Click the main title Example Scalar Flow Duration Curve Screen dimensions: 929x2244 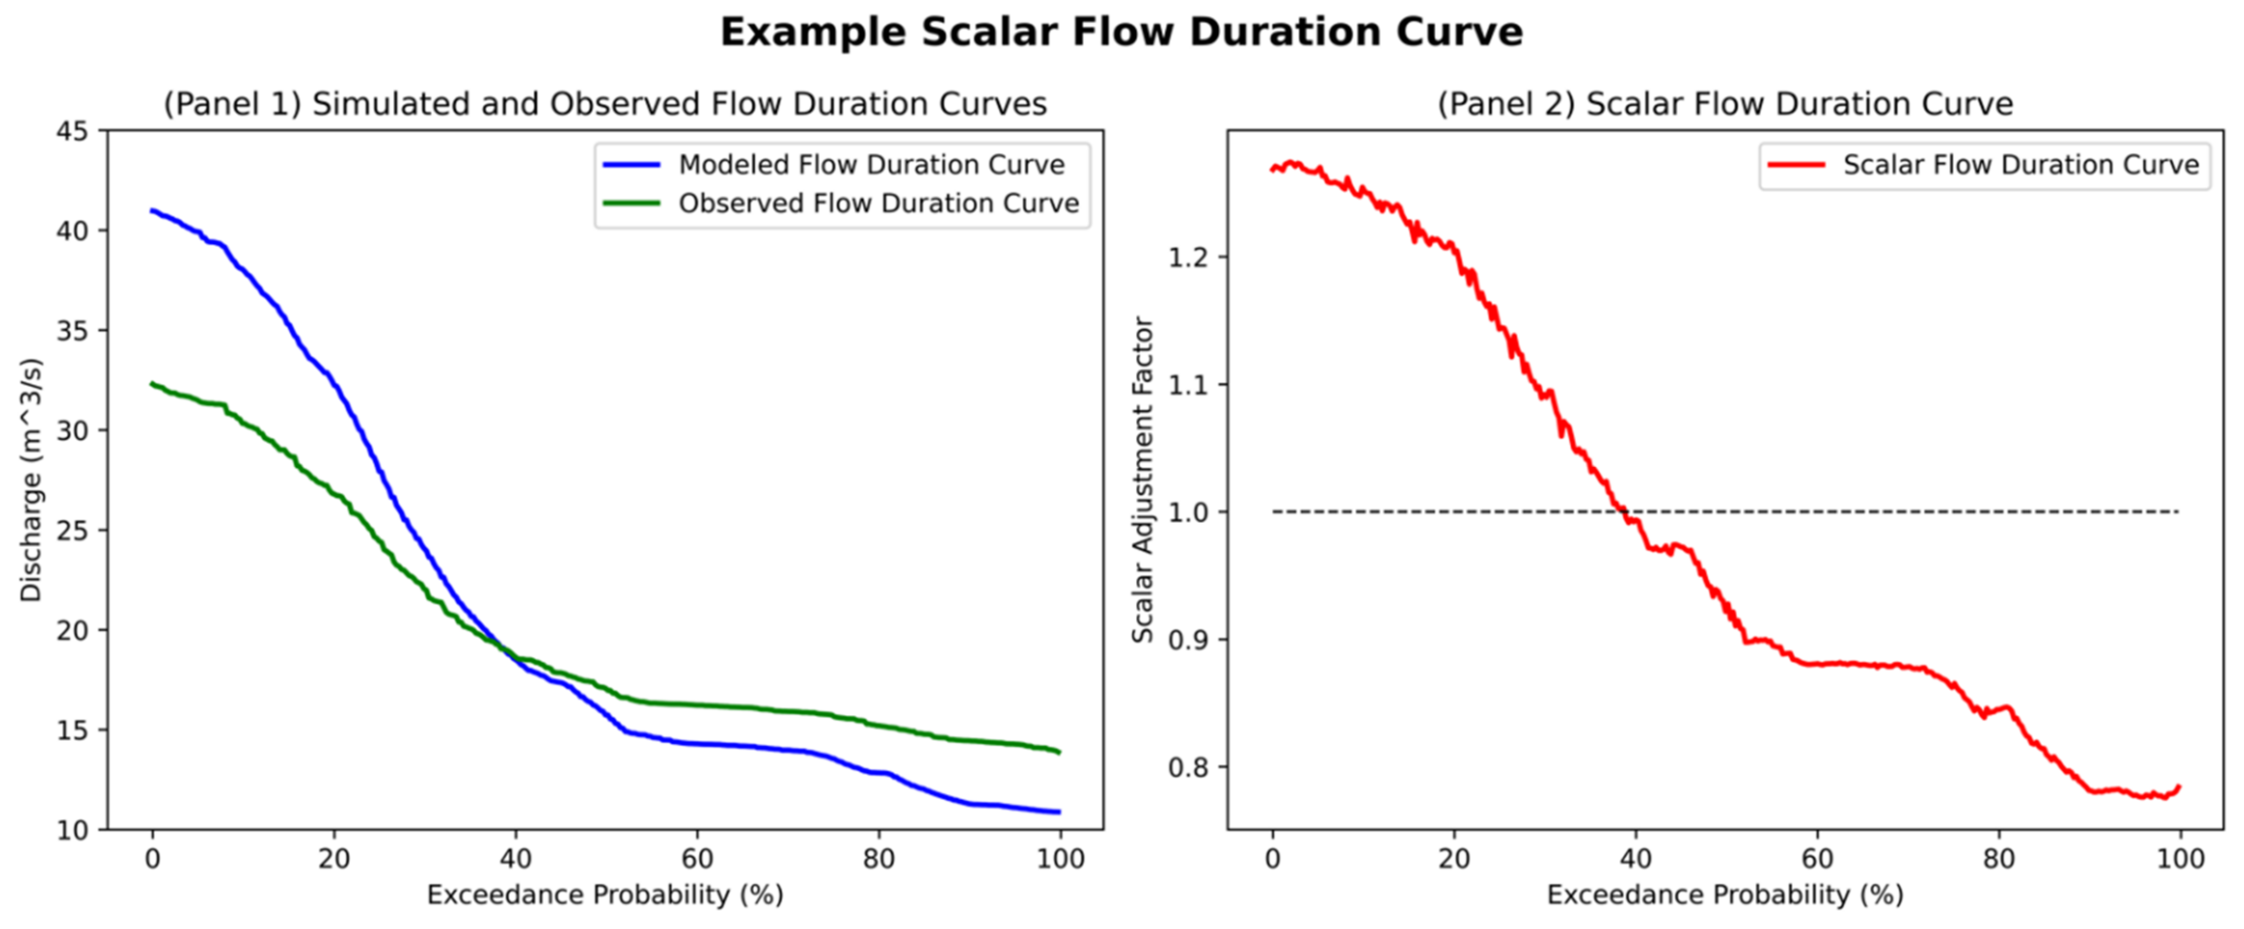tap(1121, 33)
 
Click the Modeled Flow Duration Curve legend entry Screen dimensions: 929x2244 tap(871, 164)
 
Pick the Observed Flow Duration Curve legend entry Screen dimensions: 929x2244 tap(878, 203)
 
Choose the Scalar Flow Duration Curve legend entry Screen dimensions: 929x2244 tap(2020, 164)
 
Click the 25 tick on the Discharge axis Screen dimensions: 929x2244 tap(72, 530)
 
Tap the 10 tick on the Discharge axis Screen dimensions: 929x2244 tap(72, 830)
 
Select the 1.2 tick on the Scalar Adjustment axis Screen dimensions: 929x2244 tap(1188, 257)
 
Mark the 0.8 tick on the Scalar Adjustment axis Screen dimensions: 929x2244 tap(1188, 768)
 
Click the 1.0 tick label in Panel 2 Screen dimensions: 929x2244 tap(1188, 513)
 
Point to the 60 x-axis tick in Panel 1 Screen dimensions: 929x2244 tap(697, 859)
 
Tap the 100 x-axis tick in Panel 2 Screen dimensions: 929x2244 tap(2179, 859)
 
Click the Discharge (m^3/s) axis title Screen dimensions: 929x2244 tap(31, 480)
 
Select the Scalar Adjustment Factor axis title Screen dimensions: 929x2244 tap(1142, 480)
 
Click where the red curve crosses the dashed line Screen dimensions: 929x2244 tap(1624, 512)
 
